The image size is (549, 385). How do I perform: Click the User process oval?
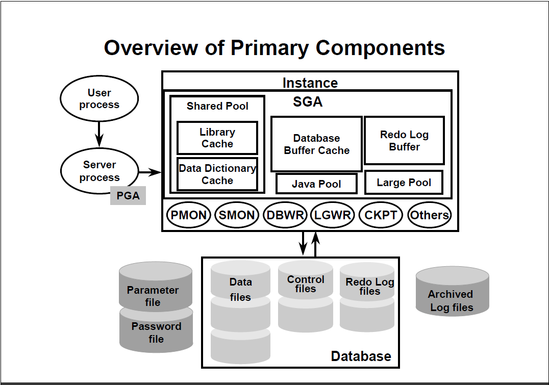coord(99,99)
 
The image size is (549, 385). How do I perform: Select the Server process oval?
coord(99,171)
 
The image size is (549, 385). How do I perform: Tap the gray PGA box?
coord(128,195)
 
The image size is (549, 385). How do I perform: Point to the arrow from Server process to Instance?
coord(149,172)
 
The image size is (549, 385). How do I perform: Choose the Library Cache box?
coord(217,138)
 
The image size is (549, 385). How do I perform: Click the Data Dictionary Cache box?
coord(217,174)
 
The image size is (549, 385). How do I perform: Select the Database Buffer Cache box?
coord(316,144)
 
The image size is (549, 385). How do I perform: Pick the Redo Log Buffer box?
coord(404,140)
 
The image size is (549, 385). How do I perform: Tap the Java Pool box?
coord(316,184)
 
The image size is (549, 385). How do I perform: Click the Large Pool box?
coord(404,183)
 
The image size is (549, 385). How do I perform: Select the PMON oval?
coord(189,215)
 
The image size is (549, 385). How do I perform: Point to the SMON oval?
coord(237,215)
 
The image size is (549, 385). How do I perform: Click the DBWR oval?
coord(285,215)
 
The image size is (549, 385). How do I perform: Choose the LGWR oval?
coord(333,215)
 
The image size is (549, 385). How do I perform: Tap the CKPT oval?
coord(381,215)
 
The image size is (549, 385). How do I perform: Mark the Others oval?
coord(430,215)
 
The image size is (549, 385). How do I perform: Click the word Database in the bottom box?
coord(361,356)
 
